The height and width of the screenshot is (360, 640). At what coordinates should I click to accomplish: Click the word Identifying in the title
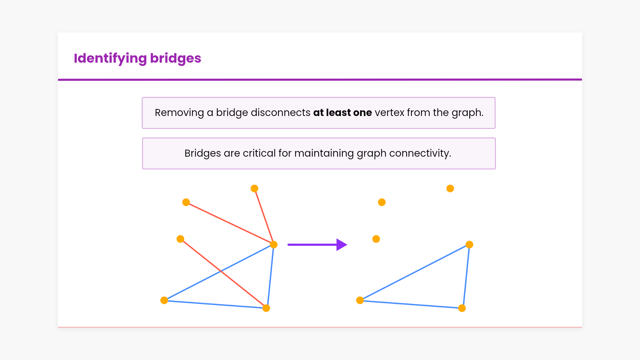[x=110, y=58]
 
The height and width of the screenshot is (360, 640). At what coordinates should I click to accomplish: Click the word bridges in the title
[x=175, y=58]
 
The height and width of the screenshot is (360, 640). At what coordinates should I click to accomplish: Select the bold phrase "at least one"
[x=342, y=113]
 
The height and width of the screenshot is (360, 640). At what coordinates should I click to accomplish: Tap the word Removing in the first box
[x=179, y=113]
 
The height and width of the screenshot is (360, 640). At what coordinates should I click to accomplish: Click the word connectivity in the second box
[x=420, y=153]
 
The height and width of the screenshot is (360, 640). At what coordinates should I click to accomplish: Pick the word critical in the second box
[x=259, y=153]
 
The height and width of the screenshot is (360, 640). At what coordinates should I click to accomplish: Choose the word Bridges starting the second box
[x=203, y=153]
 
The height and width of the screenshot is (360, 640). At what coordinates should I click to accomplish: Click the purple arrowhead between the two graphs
[x=341, y=245]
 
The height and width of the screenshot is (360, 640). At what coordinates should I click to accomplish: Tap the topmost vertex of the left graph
[x=254, y=189]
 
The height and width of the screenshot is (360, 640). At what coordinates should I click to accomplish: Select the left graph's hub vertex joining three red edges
[x=274, y=245]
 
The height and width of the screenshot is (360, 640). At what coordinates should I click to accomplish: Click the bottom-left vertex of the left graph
[x=164, y=300]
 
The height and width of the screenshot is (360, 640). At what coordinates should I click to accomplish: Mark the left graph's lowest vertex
[x=266, y=308]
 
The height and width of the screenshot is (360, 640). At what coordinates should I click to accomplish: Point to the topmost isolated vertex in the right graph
[x=450, y=189]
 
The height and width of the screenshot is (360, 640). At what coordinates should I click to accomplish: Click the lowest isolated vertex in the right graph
[x=376, y=239]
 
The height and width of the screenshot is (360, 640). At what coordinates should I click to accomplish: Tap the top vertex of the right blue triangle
[x=469, y=245]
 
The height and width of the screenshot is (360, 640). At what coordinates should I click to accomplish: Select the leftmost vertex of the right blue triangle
[x=360, y=300]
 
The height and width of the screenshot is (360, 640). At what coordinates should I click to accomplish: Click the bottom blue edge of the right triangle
[x=411, y=304]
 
